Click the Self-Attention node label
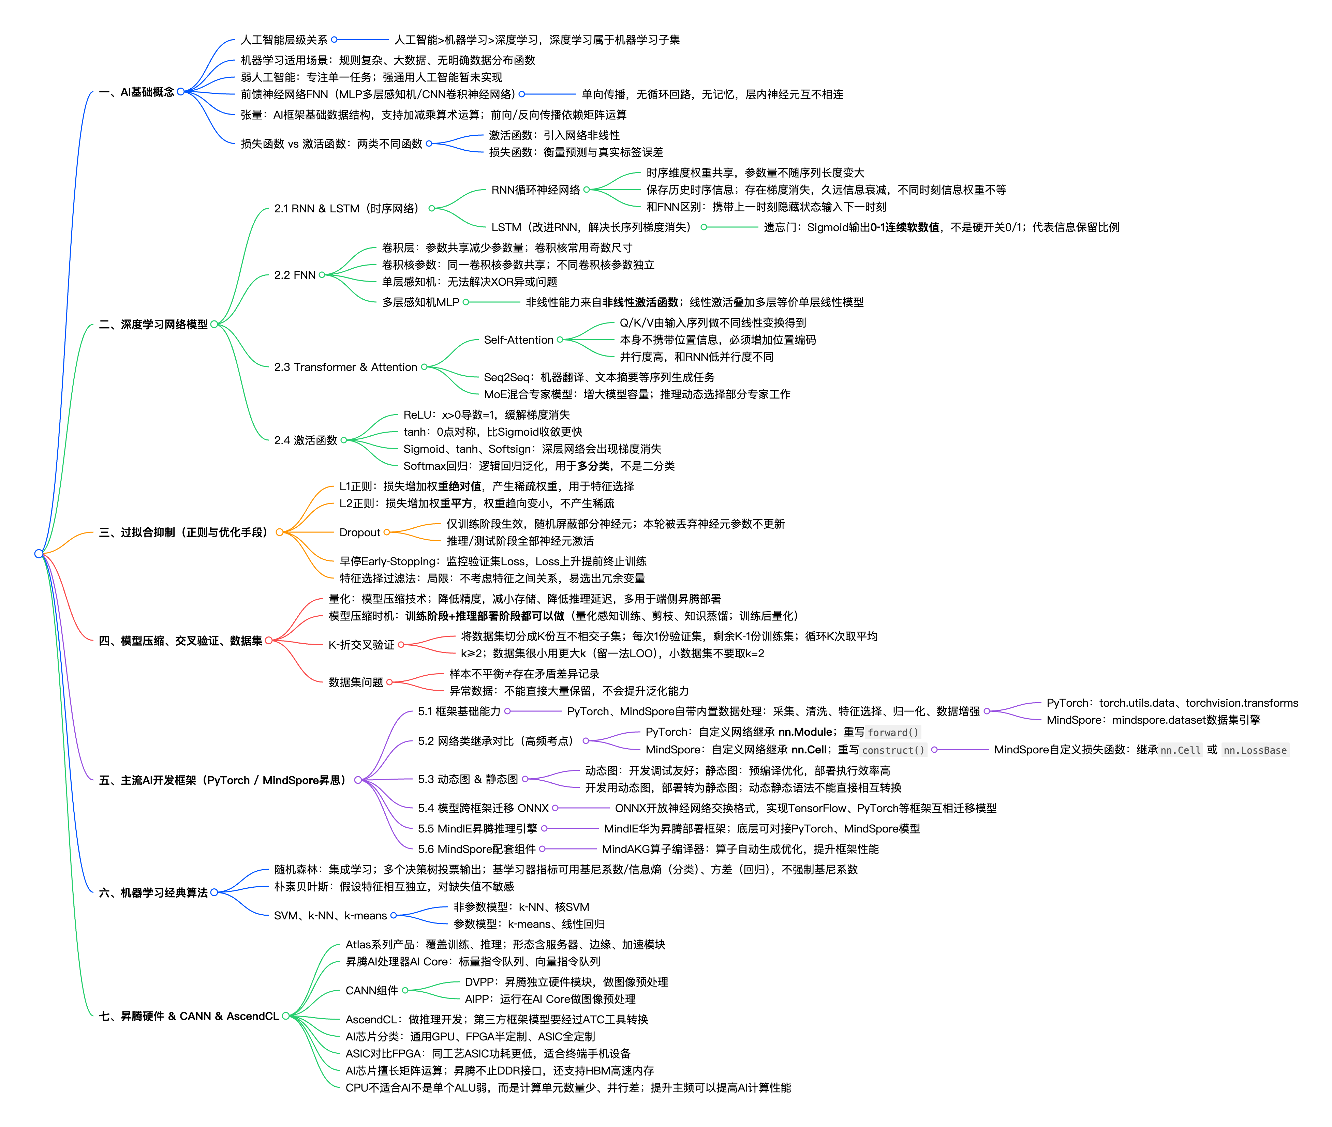tap(518, 340)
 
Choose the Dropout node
tap(360, 532)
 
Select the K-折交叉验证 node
tap(361, 645)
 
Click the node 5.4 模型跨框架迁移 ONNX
tap(483, 808)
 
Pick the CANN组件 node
tap(371, 990)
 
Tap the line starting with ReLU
tap(486, 415)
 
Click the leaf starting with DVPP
tap(566, 982)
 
